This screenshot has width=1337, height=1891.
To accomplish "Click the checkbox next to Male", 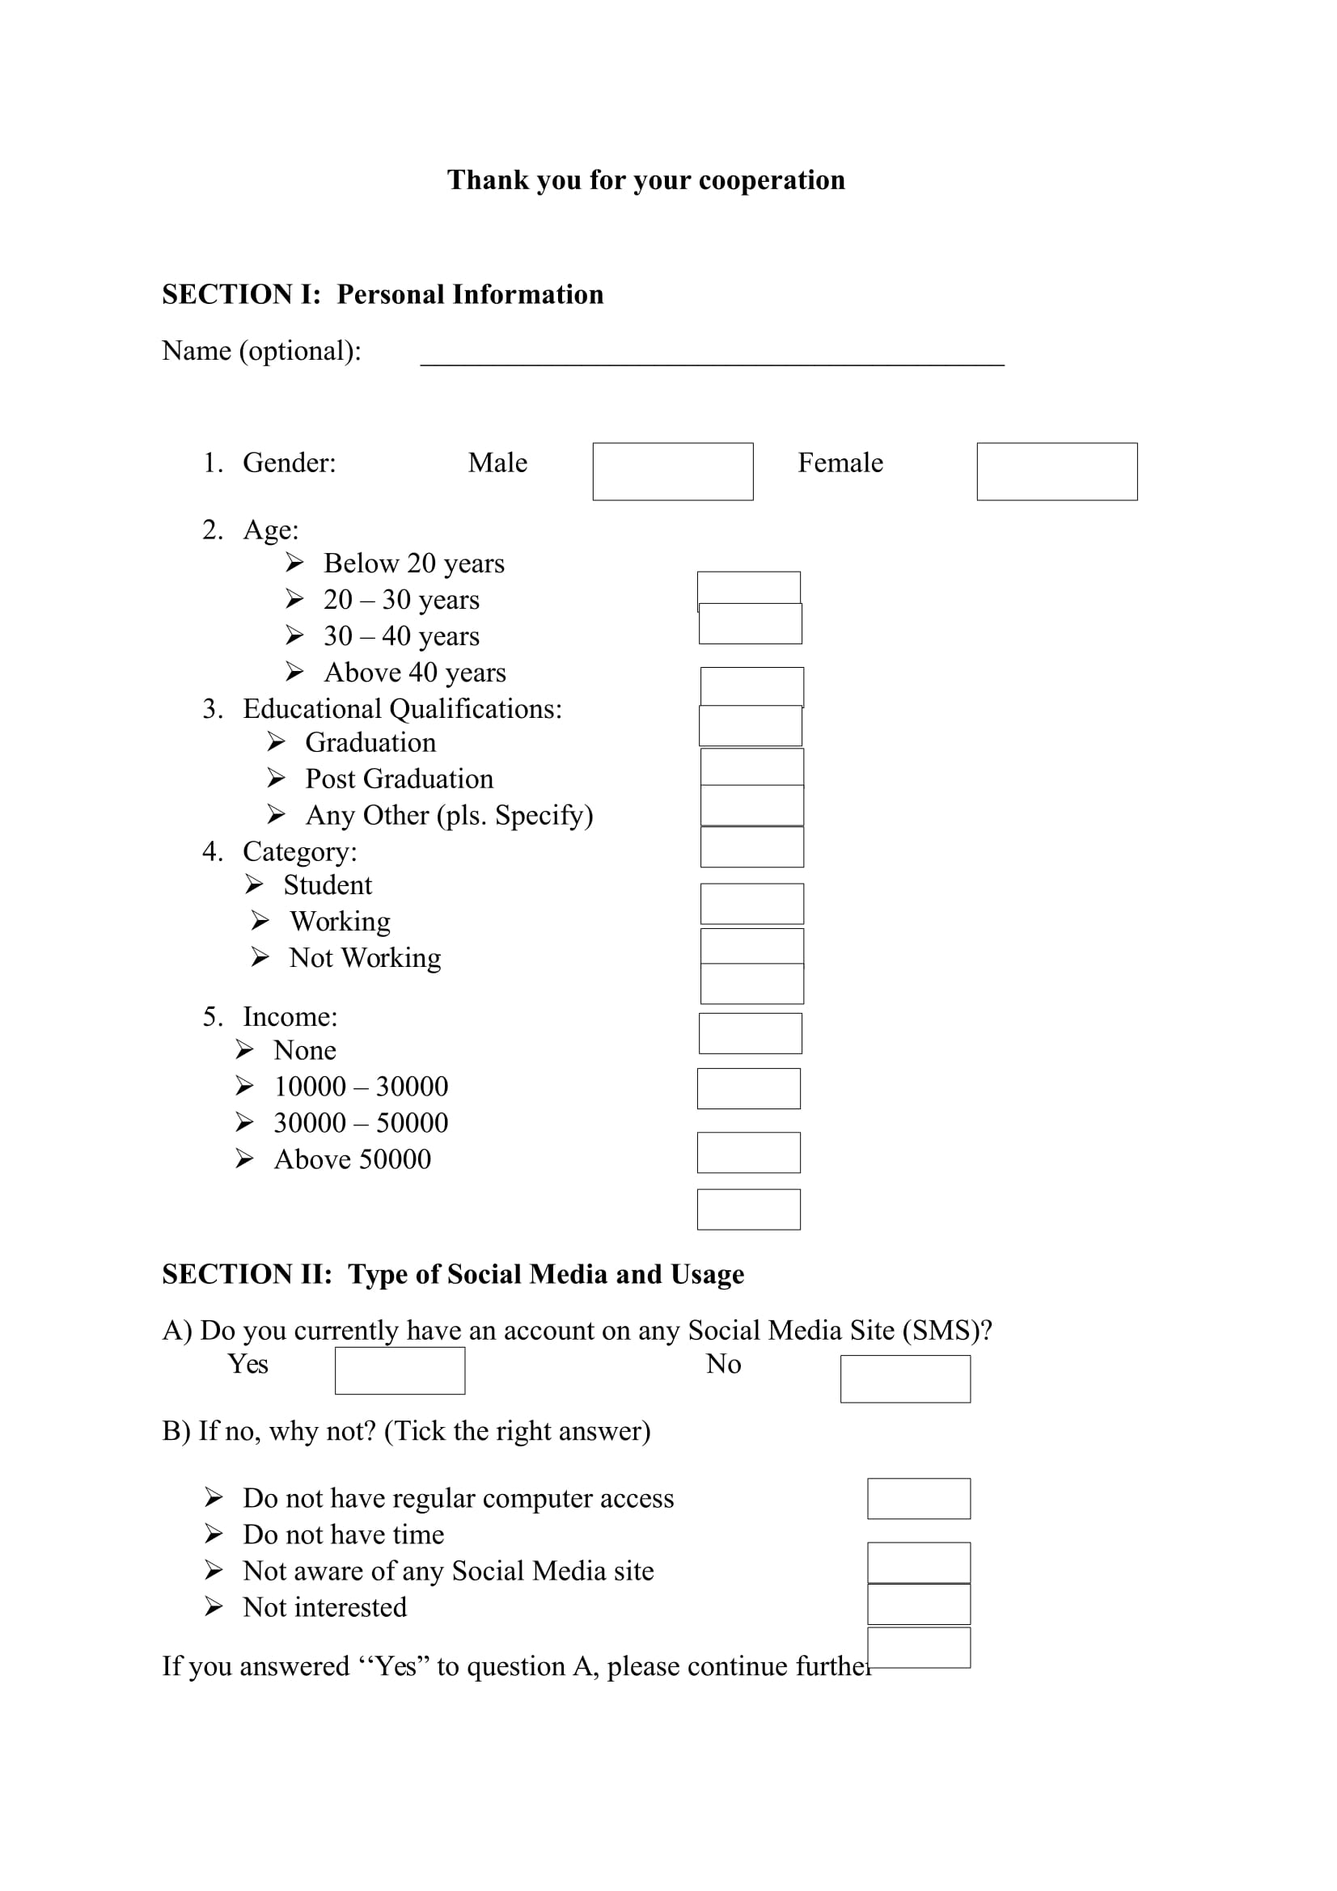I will (672, 471).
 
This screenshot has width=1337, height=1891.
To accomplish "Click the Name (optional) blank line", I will (712, 356).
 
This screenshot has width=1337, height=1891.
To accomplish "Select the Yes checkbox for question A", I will (400, 1370).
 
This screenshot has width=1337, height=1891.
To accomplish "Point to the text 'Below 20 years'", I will (413, 564).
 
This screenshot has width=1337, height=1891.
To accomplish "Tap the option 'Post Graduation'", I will (399, 779).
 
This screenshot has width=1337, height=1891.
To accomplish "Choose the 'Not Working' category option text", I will (365, 957).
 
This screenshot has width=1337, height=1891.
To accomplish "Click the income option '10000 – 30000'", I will (361, 1087).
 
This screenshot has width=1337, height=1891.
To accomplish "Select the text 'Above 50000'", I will (352, 1159).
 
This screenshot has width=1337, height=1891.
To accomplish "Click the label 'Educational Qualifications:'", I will (402, 708).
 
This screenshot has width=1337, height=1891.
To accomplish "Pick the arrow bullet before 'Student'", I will (254, 884).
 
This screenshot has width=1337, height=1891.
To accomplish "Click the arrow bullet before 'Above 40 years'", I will (294, 672).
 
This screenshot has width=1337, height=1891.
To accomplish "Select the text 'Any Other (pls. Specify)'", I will (449, 815).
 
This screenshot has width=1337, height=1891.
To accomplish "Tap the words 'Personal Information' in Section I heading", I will (470, 294).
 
